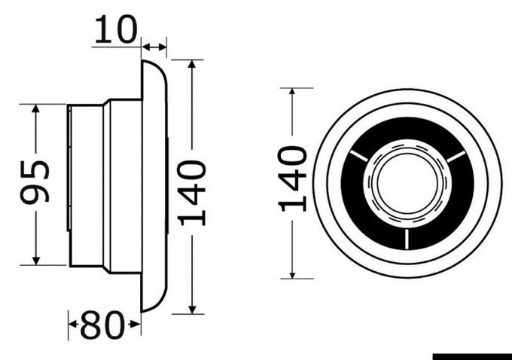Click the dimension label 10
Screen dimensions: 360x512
coord(117,29)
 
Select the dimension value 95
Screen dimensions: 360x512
coord(35,182)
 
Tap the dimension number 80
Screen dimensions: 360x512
coord(102,325)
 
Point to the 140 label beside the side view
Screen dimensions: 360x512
coord(194,192)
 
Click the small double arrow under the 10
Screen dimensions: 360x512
coord(155,48)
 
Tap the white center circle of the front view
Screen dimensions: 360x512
coord(407,184)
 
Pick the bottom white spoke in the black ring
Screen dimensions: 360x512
coord(407,239)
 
